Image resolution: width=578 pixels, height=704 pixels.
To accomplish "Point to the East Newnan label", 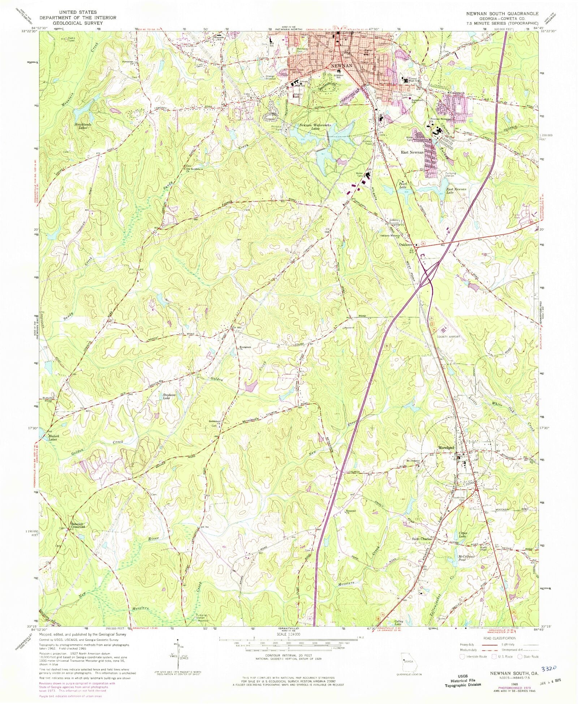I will (x=412, y=153).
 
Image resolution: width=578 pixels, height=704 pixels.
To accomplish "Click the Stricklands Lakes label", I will (x=83, y=126).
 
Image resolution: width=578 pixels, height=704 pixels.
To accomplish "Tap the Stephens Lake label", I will (x=169, y=396).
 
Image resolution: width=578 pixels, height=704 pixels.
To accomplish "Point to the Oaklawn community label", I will (x=406, y=245).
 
